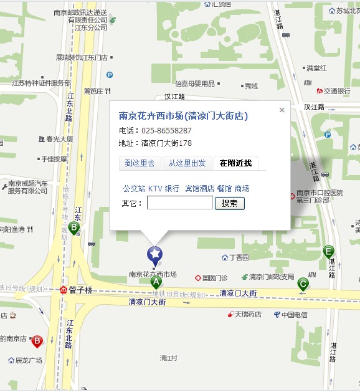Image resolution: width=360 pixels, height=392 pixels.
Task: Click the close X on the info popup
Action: [282, 110]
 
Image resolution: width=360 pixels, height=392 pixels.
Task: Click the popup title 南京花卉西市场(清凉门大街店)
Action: [183, 116]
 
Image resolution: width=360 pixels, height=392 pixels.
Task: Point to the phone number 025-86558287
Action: [166, 131]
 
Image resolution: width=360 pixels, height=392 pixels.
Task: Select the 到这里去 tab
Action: [140, 163]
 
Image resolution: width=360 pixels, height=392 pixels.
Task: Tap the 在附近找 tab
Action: [235, 163]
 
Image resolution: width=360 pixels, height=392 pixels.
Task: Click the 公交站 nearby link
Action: [134, 188]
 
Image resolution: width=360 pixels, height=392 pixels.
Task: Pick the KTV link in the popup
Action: [155, 188]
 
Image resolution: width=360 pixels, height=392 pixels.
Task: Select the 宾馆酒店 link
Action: [199, 188]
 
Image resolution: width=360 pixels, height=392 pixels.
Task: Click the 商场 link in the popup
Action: [242, 188]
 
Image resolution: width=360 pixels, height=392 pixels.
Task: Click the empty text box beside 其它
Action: [179, 203]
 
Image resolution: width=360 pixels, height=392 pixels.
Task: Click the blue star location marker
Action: [154, 254]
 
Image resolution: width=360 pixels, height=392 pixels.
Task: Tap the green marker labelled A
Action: [156, 282]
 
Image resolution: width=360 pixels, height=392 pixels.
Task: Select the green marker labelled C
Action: [303, 284]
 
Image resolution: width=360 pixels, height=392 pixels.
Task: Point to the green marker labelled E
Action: [328, 252]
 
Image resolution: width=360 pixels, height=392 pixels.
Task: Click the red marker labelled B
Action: [37, 341]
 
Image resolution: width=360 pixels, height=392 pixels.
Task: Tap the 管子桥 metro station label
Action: [80, 290]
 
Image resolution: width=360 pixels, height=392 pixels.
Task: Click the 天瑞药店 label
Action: [247, 315]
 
